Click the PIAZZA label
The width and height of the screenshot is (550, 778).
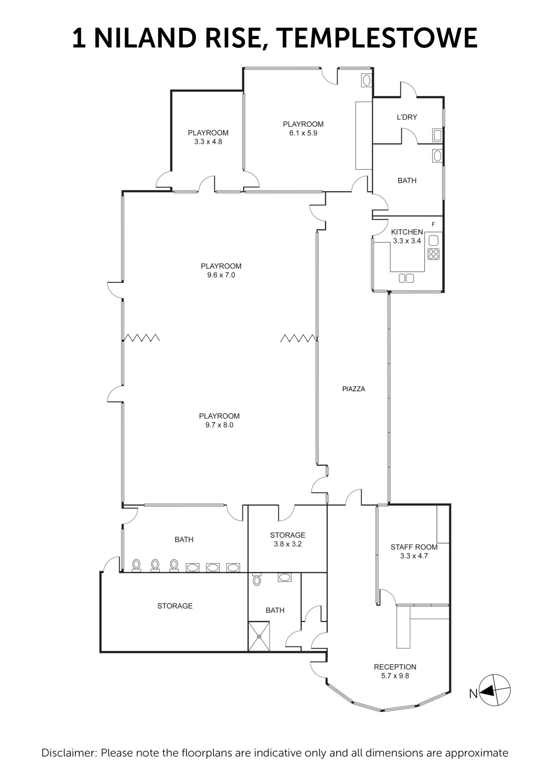353,389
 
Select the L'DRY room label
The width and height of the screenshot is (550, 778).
407,117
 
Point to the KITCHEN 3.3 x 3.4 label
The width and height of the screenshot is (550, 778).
407,236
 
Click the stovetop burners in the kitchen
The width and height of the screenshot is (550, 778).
433,254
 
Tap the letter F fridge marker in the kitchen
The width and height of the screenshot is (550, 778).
433,224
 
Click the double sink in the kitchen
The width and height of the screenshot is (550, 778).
406,278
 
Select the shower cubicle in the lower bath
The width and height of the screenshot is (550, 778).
259,636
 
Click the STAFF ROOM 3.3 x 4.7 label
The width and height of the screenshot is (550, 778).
414,551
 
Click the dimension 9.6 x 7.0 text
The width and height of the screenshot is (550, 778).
221,275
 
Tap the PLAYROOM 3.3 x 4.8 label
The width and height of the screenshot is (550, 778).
208,137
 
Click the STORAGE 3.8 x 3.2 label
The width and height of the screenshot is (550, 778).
287,539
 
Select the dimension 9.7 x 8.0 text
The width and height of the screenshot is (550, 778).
219,425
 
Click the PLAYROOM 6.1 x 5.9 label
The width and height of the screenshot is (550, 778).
303,128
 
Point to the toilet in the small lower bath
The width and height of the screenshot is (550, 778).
256,580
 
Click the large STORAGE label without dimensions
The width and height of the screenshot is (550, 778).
175,606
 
